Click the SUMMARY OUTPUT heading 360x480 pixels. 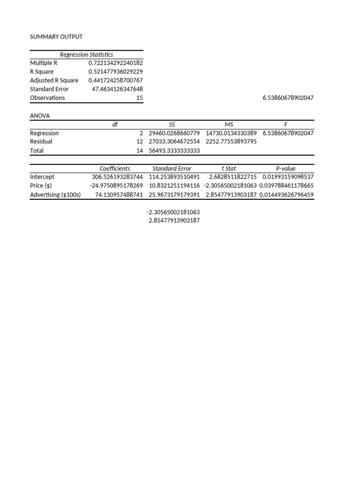tap(56, 37)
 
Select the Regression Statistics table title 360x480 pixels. tap(86, 54)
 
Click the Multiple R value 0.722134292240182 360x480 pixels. tap(115, 63)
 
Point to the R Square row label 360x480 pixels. tap(42, 72)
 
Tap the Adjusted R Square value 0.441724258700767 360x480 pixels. tap(115, 80)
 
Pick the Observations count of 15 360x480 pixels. tap(140, 97)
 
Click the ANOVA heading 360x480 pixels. tap(40, 115)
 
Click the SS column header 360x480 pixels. tap(172, 124)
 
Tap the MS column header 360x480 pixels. tap(229, 124)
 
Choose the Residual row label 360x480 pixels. tap(41, 142)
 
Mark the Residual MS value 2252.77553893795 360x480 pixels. tap(231, 142)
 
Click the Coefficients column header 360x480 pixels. tap(115, 168)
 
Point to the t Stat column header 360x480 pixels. tap(229, 168)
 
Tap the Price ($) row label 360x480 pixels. tap(41, 186)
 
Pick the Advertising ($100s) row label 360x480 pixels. tap(55, 195)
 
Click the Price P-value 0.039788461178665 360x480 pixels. tap(286, 186)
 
